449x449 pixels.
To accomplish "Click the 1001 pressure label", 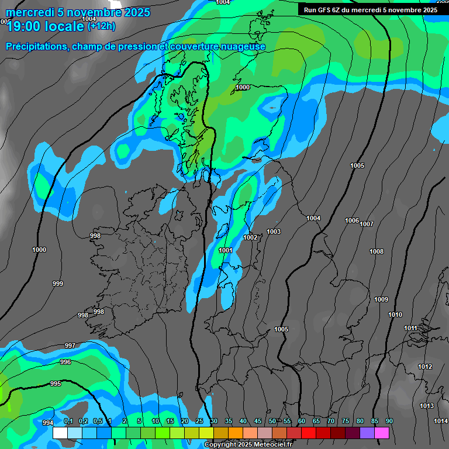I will (226, 250).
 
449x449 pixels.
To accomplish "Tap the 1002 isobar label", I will (250, 237).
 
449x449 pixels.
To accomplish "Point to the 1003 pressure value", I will (274, 232).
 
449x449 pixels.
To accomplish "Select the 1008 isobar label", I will (377, 251).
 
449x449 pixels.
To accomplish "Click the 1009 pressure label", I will (381, 299).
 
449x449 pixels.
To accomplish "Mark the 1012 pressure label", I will (425, 367).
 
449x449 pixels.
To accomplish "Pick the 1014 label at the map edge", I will (440, 421).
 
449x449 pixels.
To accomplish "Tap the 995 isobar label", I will (56, 384).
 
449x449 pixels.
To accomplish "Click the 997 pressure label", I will (70, 346).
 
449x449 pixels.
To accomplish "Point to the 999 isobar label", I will (58, 284).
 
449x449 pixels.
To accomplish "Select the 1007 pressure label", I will (367, 224).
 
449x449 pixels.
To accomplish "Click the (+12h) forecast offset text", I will (101, 26).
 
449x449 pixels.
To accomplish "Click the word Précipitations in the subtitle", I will (36, 46).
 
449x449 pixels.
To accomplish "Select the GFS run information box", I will (370, 9).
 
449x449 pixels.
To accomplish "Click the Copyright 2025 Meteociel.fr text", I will (248, 444).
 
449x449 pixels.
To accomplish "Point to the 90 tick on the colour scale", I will (389, 421).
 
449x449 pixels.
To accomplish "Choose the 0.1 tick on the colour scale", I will (68, 421).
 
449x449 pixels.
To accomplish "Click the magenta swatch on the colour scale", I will (382, 433).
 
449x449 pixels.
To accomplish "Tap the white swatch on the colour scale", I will (60, 433).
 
